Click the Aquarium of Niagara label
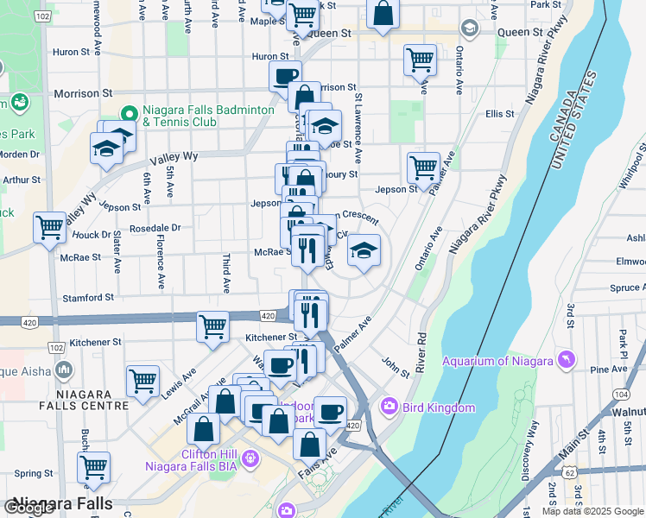497,361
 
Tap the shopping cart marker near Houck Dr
50,228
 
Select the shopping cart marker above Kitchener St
212,326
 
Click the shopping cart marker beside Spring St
93,467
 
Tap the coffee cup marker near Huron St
285,76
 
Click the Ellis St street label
499,114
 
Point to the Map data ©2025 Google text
592,511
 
